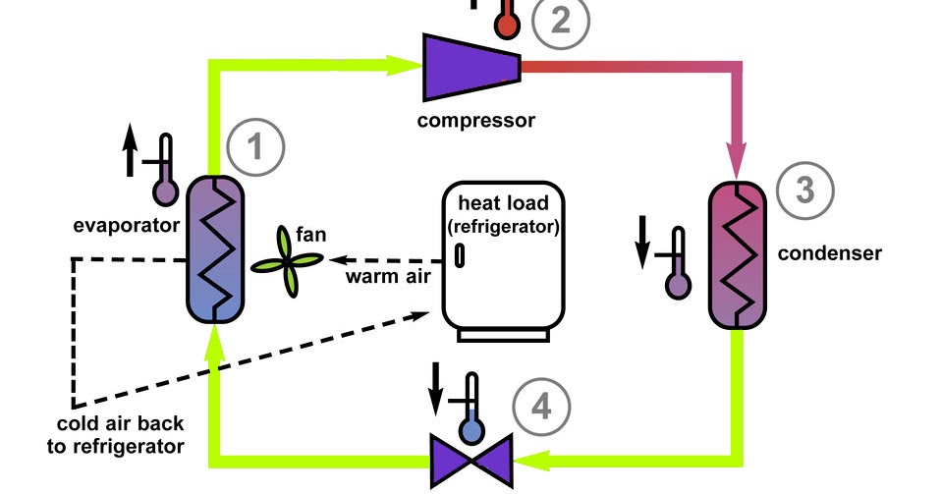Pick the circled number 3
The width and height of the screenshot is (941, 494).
click(803, 190)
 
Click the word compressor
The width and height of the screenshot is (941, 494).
click(475, 122)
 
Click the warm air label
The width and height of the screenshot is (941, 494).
click(389, 275)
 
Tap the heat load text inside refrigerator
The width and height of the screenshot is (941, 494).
click(504, 215)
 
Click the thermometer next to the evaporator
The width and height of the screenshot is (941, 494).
click(164, 169)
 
